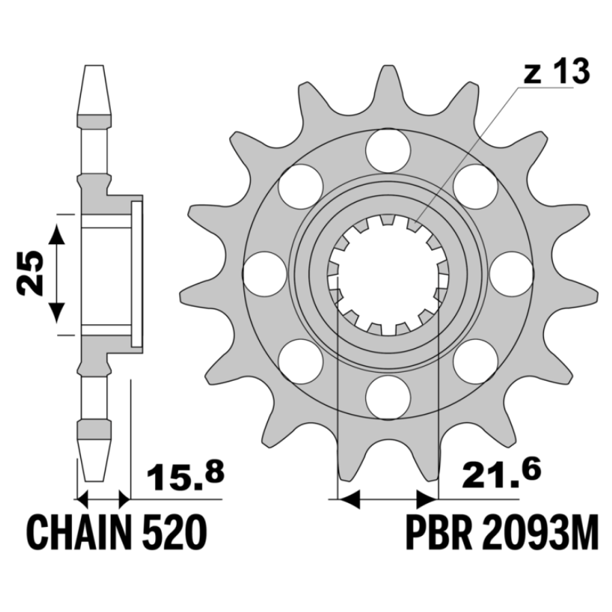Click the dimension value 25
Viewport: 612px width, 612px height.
(30, 273)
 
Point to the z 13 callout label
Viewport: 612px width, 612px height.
(556, 72)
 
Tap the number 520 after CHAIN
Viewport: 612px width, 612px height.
(173, 532)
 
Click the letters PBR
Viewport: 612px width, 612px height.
(439, 532)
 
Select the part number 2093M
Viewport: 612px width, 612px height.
(540, 532)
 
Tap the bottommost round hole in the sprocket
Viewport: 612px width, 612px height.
(388, 397)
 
